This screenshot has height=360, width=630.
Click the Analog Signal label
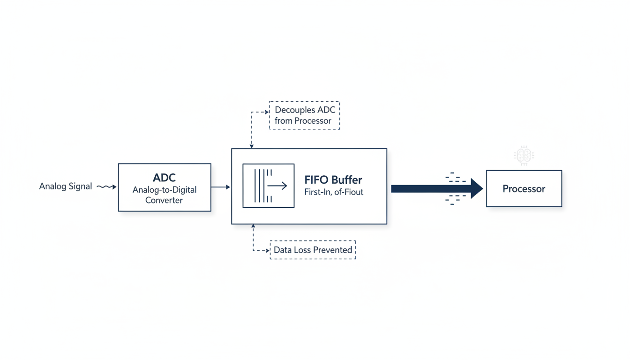tap(65, 187)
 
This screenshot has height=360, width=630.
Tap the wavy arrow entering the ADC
tap(106, 187)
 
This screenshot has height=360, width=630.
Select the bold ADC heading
tap(164, 178)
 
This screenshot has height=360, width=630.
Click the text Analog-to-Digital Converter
tap(164, 195)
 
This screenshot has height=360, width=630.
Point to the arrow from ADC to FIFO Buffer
tap(221, 187)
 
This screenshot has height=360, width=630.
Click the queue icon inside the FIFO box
tap(269, 186)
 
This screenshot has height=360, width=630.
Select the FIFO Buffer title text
tap(333, 180)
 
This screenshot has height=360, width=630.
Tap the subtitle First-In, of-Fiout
tap(333, 192)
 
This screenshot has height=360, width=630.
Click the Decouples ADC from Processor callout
tap(304, 115)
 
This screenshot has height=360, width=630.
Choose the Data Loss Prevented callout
tap(313, 250)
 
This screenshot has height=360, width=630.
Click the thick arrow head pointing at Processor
tap(476, 188)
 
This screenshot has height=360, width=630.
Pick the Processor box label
tap(524, 189)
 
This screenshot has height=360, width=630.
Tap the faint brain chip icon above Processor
tap(524, 156)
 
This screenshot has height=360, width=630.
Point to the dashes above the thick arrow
tap(455, 178)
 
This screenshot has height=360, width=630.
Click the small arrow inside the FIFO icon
tap(277, 186)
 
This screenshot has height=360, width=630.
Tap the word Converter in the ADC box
tap(164, 200)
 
